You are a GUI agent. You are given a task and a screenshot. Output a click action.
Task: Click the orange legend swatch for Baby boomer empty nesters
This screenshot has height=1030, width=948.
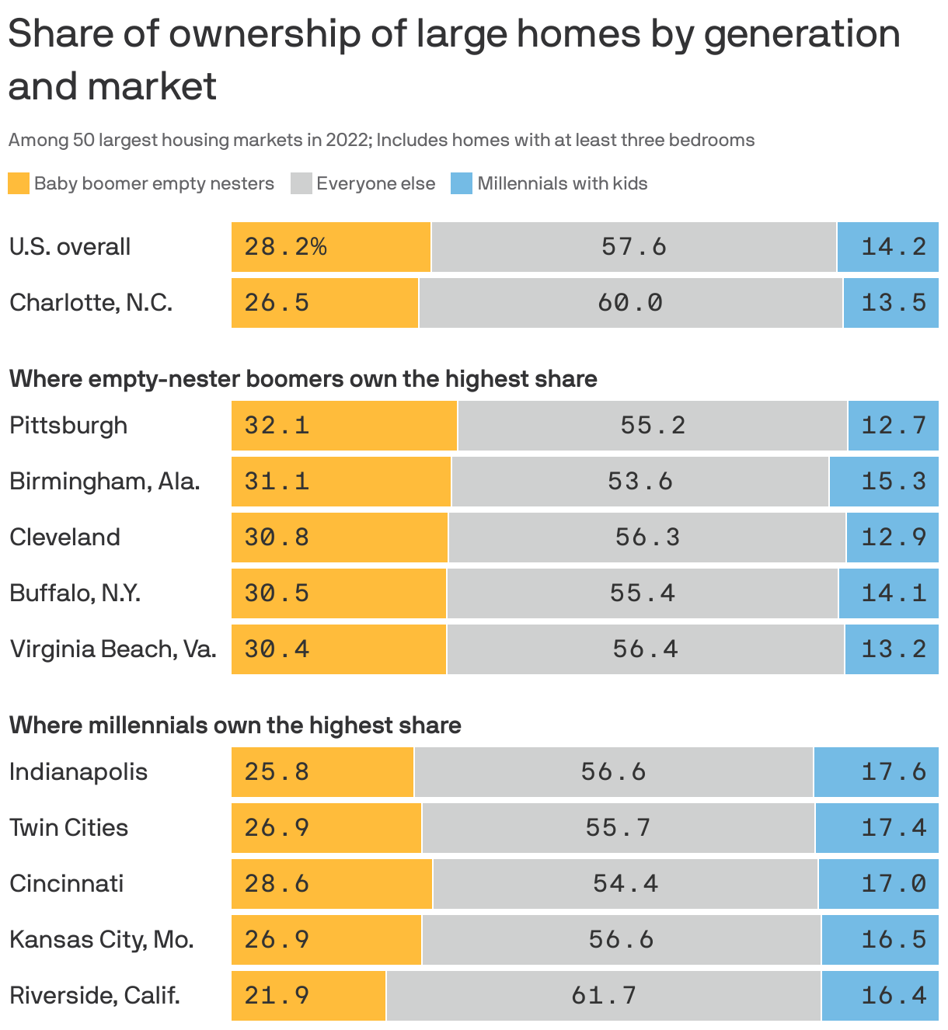pyautogui.click(x=19, y=183)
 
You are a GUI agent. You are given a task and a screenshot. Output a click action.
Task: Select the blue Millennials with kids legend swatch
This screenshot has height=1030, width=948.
pyautogui.click(x=462, y=183)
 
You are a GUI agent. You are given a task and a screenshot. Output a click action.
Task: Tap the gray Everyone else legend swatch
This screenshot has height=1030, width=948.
pyautogui.click(x=301, y=183)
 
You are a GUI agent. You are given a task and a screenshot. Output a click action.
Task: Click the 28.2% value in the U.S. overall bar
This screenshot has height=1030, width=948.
pyautogui.click(x=285, y=247)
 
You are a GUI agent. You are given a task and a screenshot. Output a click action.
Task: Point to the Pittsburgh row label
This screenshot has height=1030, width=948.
pyautogui.click(x=68, y=426)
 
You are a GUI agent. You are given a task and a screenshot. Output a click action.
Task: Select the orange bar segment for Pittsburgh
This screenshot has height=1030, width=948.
pyautogui.click(x=344, y=426)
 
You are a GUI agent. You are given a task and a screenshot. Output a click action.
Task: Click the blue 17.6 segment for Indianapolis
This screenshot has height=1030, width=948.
pyautogui.click(x=876, y=772)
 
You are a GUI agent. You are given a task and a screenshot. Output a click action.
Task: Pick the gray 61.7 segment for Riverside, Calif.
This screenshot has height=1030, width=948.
pyautogui.click(x=603, y=996)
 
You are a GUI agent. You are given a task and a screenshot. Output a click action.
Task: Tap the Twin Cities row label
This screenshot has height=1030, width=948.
pyautogui.click(x=68, y=828)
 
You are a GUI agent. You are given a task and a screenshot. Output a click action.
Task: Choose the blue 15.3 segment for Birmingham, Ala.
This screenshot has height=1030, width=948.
pyautogui.click(x=884, y=482)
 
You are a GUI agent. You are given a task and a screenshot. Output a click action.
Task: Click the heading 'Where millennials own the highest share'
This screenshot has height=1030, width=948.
pyautogui.click(x=235, y=726)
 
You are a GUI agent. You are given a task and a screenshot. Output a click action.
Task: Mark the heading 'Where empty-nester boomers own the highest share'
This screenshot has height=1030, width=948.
pyautogui.click(x=303, y=379)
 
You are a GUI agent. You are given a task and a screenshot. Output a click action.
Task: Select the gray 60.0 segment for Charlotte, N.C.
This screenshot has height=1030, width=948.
pyautogui.click(x=630, y=303)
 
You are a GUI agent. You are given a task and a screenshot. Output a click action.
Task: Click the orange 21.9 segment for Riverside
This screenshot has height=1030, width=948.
pyautogui.click(x=308, y=996)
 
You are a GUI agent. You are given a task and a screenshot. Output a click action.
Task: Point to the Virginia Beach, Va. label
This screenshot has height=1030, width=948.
pyautogui.click(x=113, y=649)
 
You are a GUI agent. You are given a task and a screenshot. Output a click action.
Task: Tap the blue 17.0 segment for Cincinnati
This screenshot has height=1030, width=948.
pyautogui.click(x=878, y=884)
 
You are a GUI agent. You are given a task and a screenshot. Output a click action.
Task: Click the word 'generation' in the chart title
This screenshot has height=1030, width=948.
pyautogui.click(x=802, y=34)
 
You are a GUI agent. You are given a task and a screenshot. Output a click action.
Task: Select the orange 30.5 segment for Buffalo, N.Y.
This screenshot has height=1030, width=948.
pyautogui.click(x=339, y=593)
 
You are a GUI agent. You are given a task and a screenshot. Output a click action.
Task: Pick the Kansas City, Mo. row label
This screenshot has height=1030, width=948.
pyautogui.click(x=101, y=940)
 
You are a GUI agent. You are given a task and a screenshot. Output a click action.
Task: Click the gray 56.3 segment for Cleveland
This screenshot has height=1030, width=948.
pyautogui.click(x=647, y=538)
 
